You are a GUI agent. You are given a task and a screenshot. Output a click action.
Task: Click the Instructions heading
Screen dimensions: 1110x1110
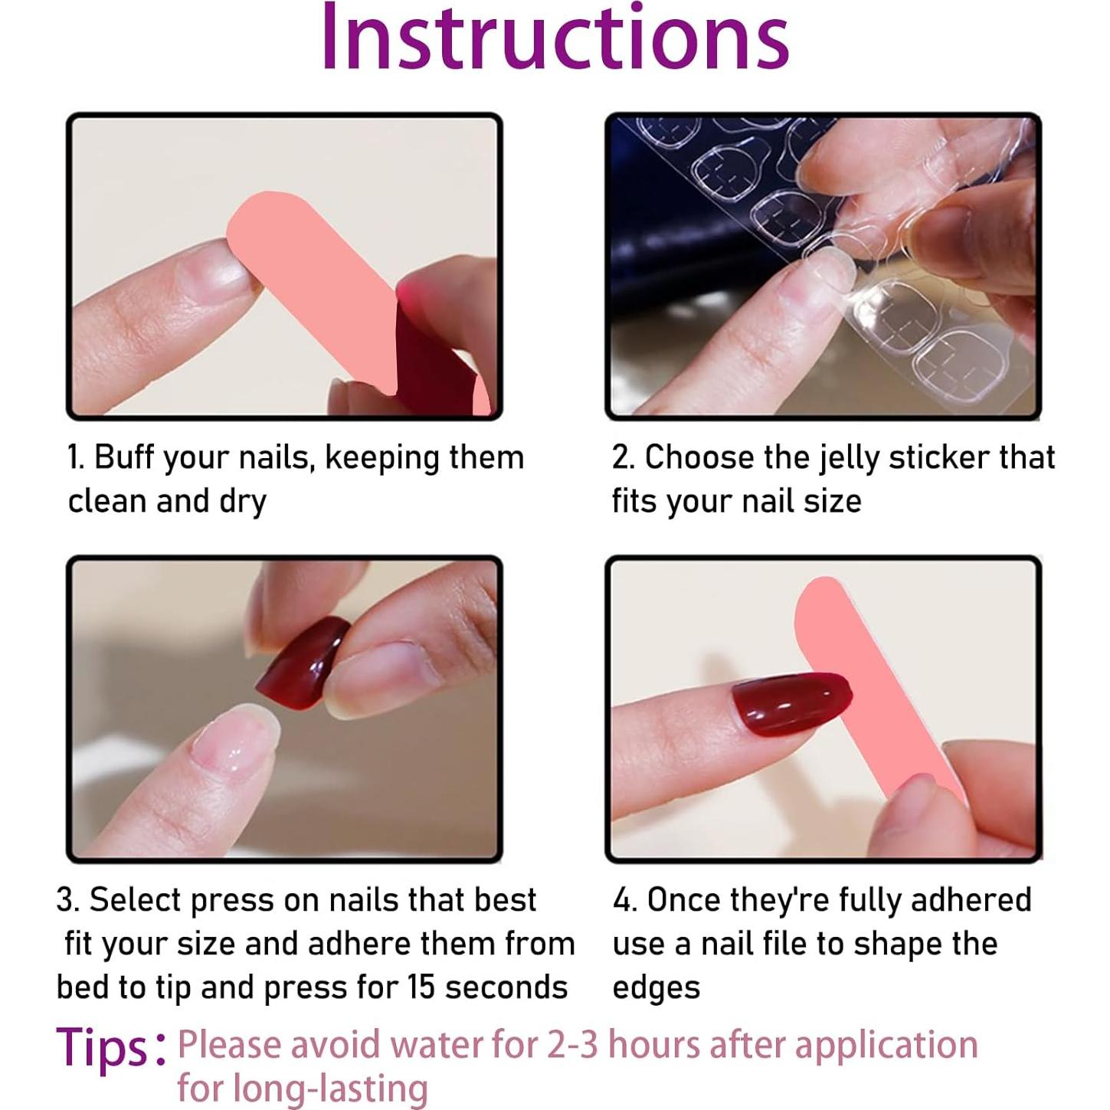pyautogui.click(x=555, y=37)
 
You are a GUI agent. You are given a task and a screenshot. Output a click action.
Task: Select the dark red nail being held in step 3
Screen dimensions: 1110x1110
pyautogui.click(x=303, y=663)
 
